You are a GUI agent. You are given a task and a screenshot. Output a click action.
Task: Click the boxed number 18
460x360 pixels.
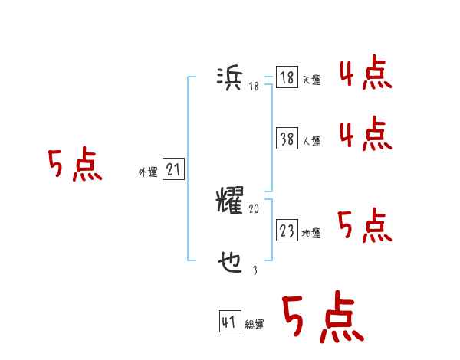tap(287, 78)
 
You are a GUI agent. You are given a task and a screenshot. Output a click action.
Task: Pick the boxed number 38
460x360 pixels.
tap(287, 139)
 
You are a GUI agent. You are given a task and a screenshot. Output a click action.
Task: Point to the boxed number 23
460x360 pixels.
tap(287, 231)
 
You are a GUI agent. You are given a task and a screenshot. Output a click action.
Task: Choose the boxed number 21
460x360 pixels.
tap(174, 170)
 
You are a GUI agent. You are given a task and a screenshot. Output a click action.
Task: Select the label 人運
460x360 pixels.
tap(311, 141)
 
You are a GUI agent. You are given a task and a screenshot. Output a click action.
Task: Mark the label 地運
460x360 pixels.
tap(311, 233)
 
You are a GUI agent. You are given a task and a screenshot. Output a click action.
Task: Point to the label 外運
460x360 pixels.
tap(148, 172)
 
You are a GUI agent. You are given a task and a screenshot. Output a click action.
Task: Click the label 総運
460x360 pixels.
tap(255, 325)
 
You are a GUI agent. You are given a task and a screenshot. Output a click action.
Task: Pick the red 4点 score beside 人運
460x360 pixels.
tap(366, 135)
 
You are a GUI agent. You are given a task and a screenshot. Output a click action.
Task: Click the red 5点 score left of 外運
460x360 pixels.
tap(74, 165)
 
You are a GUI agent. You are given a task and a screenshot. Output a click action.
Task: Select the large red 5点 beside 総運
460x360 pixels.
tap(322, 319)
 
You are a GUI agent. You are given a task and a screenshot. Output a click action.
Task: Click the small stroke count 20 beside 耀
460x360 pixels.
tap(255, 208)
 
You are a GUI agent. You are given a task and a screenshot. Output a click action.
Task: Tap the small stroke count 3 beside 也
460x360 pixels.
tap(255, 270)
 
